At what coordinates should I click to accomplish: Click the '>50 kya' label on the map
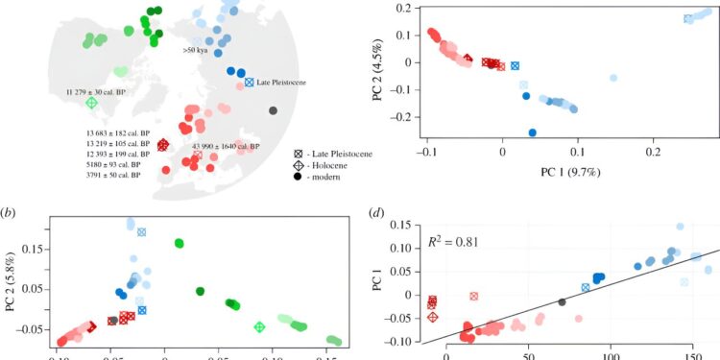200,48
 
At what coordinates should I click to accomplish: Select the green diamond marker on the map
91,103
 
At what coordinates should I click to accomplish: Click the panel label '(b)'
12,211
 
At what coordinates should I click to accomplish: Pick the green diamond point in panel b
258,327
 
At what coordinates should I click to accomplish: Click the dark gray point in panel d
562,302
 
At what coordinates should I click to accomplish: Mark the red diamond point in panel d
432,317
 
